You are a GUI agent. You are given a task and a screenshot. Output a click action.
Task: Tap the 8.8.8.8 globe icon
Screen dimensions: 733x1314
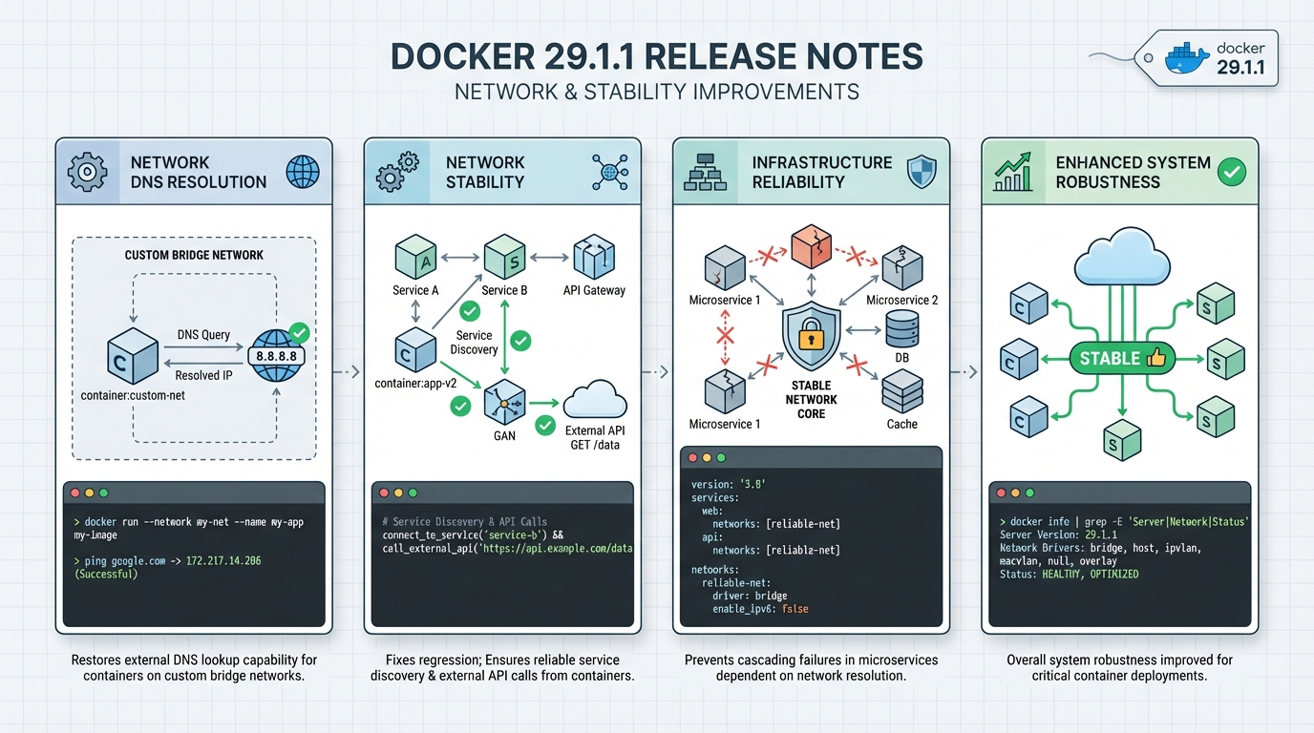pyautogui.click(x=277, y=354)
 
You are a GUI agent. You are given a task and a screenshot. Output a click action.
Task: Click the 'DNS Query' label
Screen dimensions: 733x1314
pyautogui.click(x=203, y=334)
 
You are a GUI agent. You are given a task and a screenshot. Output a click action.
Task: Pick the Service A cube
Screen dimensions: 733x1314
pyautogui.click(x=415, y=258)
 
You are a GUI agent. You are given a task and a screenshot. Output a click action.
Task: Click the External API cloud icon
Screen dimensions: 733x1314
pyautogui.click(x=595, y=400)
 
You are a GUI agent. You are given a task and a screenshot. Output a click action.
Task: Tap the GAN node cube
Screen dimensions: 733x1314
pyautogui.click(x=504, y=403)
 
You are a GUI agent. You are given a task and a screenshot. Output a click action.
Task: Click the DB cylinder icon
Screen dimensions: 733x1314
pyautogui.click(x=901, y=329)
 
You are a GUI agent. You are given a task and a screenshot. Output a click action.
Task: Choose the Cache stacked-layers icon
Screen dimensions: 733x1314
pyautogui.click(x=901, y=391)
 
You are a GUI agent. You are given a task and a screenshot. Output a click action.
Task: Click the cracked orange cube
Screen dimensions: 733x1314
pyautogui.click(x=811, y=248)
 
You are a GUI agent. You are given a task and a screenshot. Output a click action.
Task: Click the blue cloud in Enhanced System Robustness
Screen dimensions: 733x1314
pyautogui.click(x=1121, y=254)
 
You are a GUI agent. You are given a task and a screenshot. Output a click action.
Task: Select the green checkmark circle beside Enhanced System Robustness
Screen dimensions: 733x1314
pyautogui.click(x=1232, y=172)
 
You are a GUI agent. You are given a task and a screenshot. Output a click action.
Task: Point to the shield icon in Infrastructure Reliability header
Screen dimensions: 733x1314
pyautogui.click(x=922, y=172)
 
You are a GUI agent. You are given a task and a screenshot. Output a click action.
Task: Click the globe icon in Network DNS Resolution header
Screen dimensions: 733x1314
pyautogui.click(x=303, y=173)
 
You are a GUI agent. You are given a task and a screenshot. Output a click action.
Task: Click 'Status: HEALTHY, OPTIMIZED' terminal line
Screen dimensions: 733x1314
pyautogui.click(x=1069, y=574)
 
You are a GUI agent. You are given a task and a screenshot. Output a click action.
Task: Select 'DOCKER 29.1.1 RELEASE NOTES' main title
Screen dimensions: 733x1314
pyautogui.click(x=657, y=56)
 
